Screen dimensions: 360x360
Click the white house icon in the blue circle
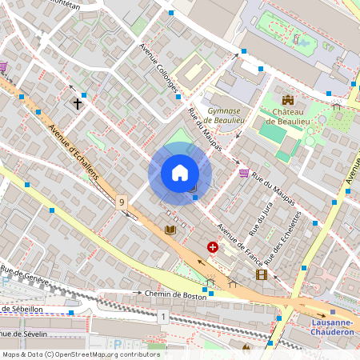point(180,173)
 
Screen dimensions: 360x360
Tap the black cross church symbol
point(78,103)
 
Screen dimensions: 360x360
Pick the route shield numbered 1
point(163,318)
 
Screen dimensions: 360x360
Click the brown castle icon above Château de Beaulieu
point(288,101)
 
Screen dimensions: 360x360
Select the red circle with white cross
point(213,248)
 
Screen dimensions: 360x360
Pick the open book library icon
point(170,230)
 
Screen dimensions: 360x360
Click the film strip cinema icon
point(261,274)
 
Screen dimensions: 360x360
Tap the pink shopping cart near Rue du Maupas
point(243,173)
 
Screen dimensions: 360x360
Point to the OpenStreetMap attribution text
point(81,354)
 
